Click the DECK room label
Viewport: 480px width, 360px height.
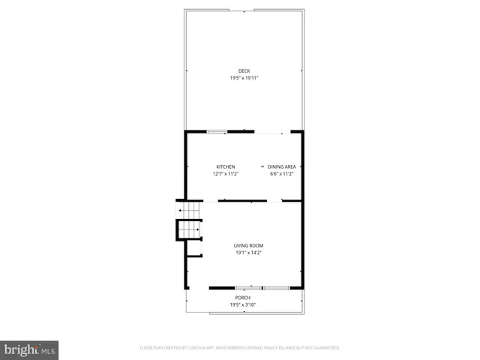244,71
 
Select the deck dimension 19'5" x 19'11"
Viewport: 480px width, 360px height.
244,78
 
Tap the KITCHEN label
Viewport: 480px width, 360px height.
226,166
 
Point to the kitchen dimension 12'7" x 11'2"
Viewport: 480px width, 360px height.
226,173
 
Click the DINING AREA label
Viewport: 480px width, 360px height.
281,166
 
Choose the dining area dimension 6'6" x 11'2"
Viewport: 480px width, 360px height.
281,173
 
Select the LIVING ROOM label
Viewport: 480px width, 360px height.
248,246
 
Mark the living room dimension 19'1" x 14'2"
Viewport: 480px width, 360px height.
248,253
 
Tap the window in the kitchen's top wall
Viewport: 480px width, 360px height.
217,132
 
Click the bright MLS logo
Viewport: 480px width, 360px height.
30,350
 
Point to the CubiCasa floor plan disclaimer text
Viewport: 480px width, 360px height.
240,348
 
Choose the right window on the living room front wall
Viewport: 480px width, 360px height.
275,287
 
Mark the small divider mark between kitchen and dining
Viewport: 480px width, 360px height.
262,166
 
